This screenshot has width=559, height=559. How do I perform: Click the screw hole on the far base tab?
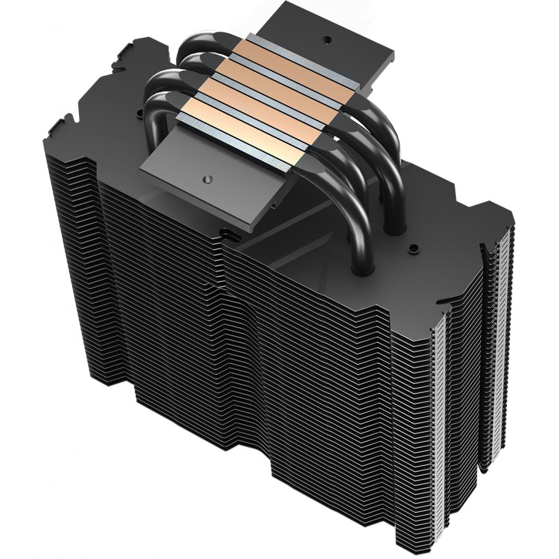(327, 39)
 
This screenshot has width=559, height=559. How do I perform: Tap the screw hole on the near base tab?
(206, 178)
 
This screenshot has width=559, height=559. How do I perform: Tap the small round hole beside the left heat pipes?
(141, 113)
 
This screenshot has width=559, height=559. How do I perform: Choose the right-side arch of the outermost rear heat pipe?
(388, 131)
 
